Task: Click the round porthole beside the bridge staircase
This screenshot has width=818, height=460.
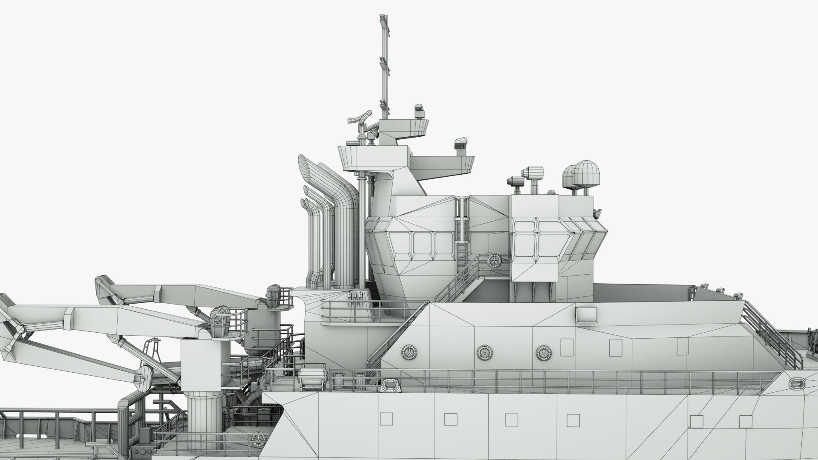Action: (494, 259)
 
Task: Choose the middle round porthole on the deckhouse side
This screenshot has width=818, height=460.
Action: (483, 352)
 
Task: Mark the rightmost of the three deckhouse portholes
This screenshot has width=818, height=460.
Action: (543, 353)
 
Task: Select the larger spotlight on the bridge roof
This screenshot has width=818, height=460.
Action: (534, 172)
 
